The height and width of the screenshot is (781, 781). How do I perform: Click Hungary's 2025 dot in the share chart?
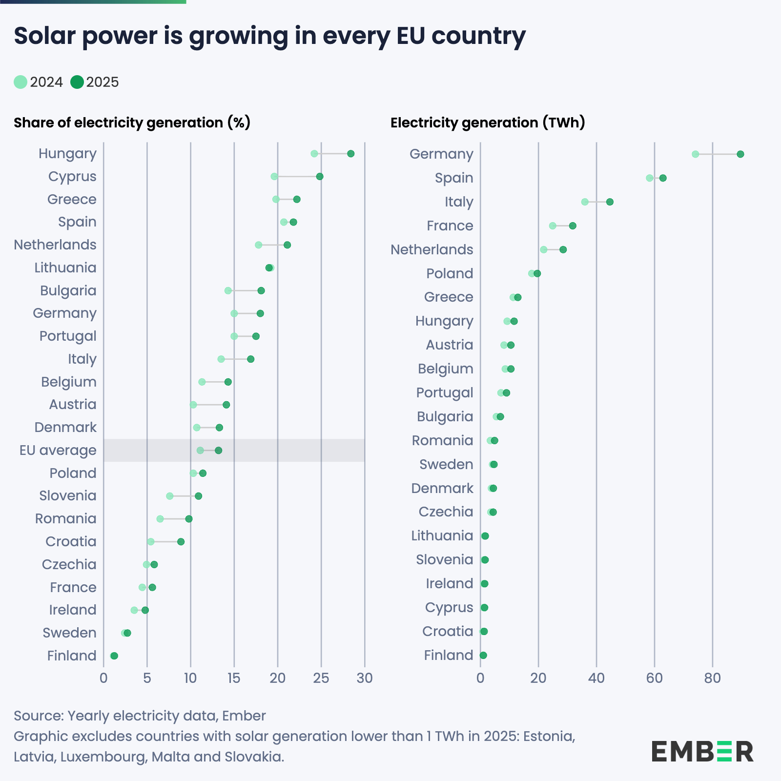[x=350, y=154]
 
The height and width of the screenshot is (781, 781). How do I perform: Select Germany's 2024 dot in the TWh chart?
[x=695, y=154]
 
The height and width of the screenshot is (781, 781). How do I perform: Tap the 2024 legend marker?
[x=21, y=82]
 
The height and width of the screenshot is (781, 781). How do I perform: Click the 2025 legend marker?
[x=77, y=82]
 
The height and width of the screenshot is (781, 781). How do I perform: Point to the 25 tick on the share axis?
[x=321, y=678]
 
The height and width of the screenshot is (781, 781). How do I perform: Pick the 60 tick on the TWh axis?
[x=654, y=678]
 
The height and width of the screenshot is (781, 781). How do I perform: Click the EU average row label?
[x=58, y=450]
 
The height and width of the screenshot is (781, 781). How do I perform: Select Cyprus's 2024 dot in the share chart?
[x=274, y=177]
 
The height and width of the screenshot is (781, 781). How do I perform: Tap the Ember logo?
[x=702, y=751]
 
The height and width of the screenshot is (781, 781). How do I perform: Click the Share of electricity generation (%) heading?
[x=132, y=123]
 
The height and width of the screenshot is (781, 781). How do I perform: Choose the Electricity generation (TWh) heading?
[x=488, y=123]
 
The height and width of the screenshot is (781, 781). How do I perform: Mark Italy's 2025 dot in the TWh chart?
[x=610, y=202]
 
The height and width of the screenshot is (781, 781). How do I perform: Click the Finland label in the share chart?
[x=72, y=656]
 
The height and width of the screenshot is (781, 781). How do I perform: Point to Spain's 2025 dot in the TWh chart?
[x=663, y=178]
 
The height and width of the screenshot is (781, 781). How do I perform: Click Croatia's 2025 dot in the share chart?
[x=181, y=542]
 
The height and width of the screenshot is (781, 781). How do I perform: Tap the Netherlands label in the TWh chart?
[x=432, y=249]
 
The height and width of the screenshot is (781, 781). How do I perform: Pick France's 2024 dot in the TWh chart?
[x=553, y=226]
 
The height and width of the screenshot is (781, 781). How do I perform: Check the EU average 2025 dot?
[x=218, y=451]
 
